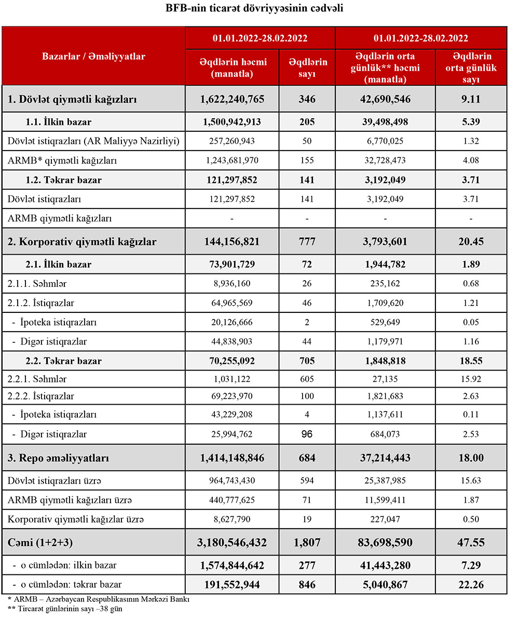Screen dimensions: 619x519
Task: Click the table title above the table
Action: tap(254, 9)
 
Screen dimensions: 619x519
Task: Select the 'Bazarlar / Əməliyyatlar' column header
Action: tap(93, 56)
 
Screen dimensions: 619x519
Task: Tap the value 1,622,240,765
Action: tap(233, 99)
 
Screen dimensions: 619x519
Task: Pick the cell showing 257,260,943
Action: tap(233, 141)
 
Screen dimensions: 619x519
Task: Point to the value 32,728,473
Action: tap(385, 161)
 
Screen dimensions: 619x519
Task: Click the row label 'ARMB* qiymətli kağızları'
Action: tap(62, 161)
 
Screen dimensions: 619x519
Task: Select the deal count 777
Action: tap(307, 241)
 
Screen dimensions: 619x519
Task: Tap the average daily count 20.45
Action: tap(471, 241)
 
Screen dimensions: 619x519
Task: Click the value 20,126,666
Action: tap(233, 322)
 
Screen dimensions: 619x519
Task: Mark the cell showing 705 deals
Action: tap(307, 361)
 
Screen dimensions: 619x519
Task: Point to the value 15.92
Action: tap(471, 379)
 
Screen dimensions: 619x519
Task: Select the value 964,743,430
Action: tap(233, 481)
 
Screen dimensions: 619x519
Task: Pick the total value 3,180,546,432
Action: tap(233, 543)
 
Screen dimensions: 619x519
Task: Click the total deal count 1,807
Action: tap(307, 543)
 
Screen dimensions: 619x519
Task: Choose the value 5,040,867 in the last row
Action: tap(385, 584)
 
